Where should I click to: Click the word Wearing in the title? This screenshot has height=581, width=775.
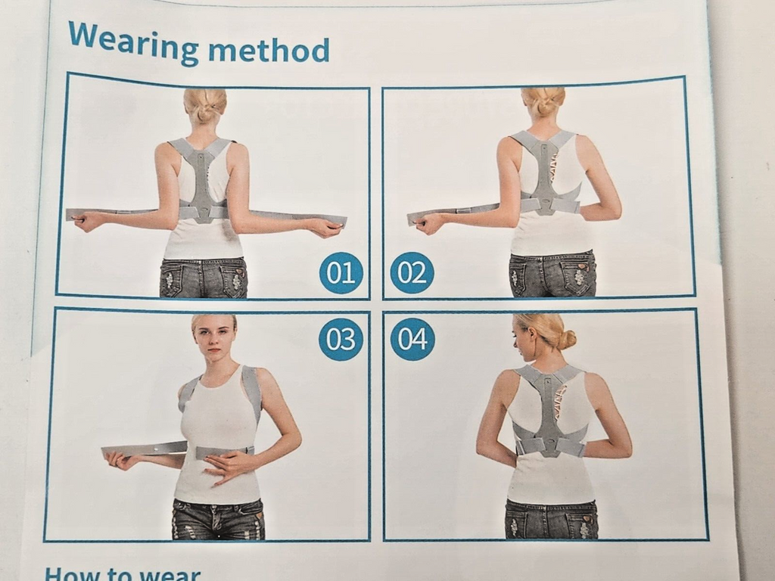point(132,42)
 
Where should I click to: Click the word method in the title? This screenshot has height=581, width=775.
point(269,51)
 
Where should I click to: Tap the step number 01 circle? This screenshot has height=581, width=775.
point(341,272)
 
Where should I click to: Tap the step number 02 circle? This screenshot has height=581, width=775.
point(412,272)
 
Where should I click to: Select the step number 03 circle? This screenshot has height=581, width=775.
point(341,339)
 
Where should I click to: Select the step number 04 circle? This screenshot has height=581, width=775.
point(412,339)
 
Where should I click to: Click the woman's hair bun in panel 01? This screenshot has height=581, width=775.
point(204,107)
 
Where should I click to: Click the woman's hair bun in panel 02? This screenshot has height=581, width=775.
point(543,101)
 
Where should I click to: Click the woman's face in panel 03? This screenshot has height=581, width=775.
point(213,336)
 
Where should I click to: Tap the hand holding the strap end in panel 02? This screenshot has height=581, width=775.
point(429,222)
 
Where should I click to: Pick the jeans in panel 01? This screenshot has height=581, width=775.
point(203,278)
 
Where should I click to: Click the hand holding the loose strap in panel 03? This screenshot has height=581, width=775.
point(120,458)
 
